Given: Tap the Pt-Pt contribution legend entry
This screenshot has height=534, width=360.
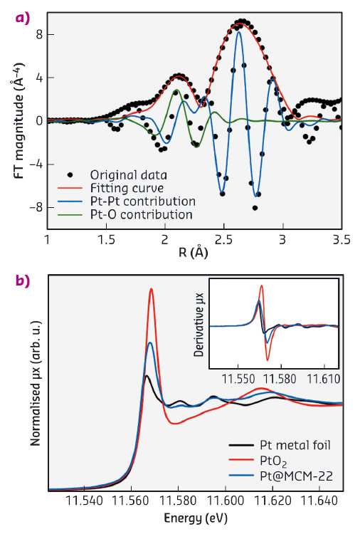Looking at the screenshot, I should (138, 201).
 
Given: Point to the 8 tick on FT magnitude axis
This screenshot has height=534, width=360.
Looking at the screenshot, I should (41, 33).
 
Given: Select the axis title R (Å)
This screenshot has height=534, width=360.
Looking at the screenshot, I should (194, 253).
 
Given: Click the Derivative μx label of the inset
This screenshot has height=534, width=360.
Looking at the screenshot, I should (201, 328).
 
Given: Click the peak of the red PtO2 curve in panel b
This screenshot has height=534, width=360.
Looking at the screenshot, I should (151, 288).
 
